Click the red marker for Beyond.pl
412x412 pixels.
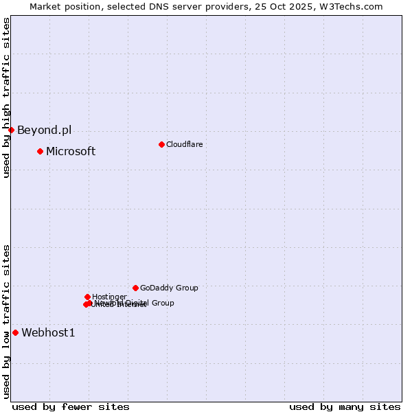coord(11,130)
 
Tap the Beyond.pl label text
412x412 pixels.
coord(44,130)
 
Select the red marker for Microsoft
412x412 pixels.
coord(41,151)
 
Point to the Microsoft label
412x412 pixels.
coord(71,152)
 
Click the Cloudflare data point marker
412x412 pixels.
coord(161,144)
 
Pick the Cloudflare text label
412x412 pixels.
coord(184,144)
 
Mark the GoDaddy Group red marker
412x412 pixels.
coord(135,288)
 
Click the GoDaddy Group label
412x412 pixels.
coord(169,288)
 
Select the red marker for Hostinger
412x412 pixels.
coord(87,297)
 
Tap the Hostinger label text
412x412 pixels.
coord(109,297)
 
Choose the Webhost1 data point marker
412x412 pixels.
coord(15,332)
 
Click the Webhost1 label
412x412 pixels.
coord(48,333)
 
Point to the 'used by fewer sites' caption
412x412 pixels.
coord(71,407)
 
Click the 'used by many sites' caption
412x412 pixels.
coord(345,407)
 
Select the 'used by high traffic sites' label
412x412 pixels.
coord(6,98)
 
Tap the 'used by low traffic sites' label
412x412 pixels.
coord(6,321)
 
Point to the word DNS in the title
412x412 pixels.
coord(162,6)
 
